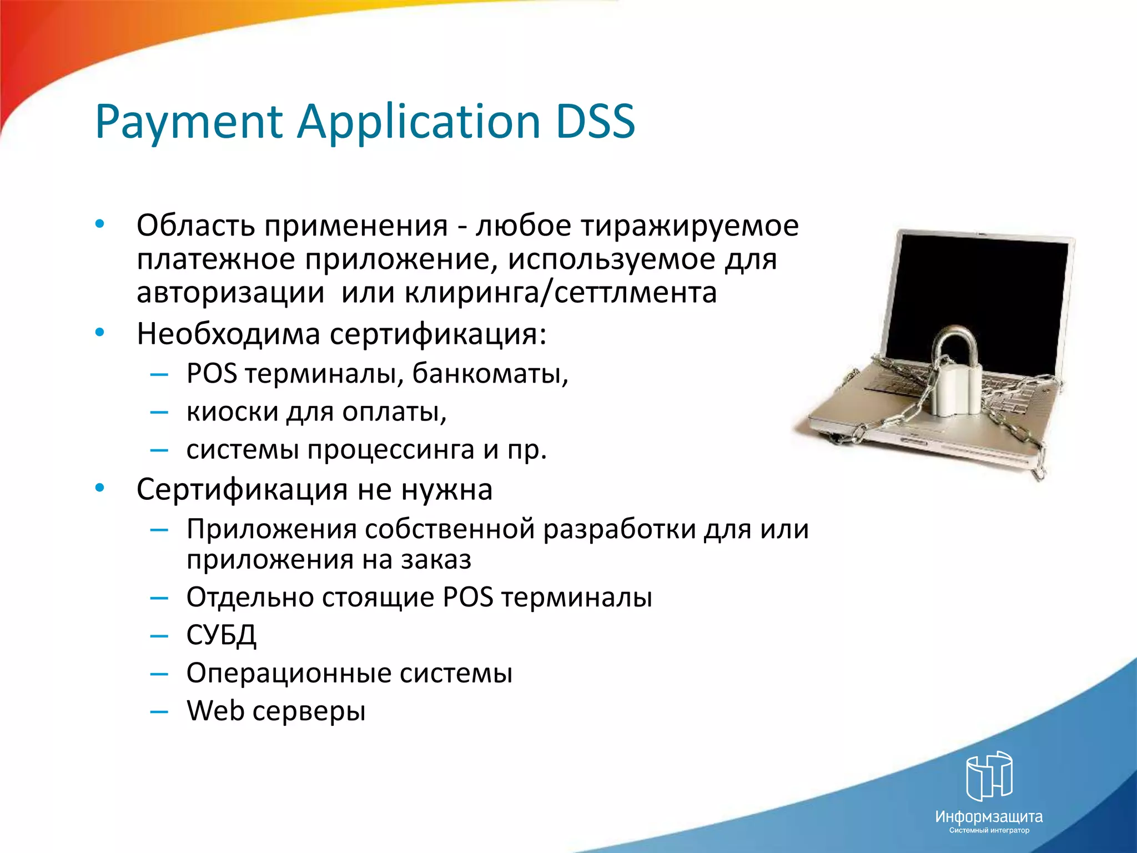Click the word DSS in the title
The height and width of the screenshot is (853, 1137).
pos(595,121)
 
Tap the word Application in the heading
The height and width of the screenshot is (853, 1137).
pos(419,122)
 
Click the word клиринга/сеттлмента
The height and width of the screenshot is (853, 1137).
pos(560,293)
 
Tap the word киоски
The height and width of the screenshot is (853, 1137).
pos(232,412)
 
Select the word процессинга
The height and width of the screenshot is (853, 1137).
pos(391,450)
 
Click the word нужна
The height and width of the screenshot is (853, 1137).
pos(446,490)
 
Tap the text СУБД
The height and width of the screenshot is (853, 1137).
pos(221,635)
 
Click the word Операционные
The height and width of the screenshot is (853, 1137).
pos(289,673)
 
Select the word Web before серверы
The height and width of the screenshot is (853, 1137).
pos(215,711)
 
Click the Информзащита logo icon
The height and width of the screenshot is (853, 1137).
pos(989,776)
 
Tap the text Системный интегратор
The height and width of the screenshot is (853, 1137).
pos(989,831)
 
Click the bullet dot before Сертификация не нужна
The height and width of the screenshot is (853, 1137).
pos(99,488)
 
